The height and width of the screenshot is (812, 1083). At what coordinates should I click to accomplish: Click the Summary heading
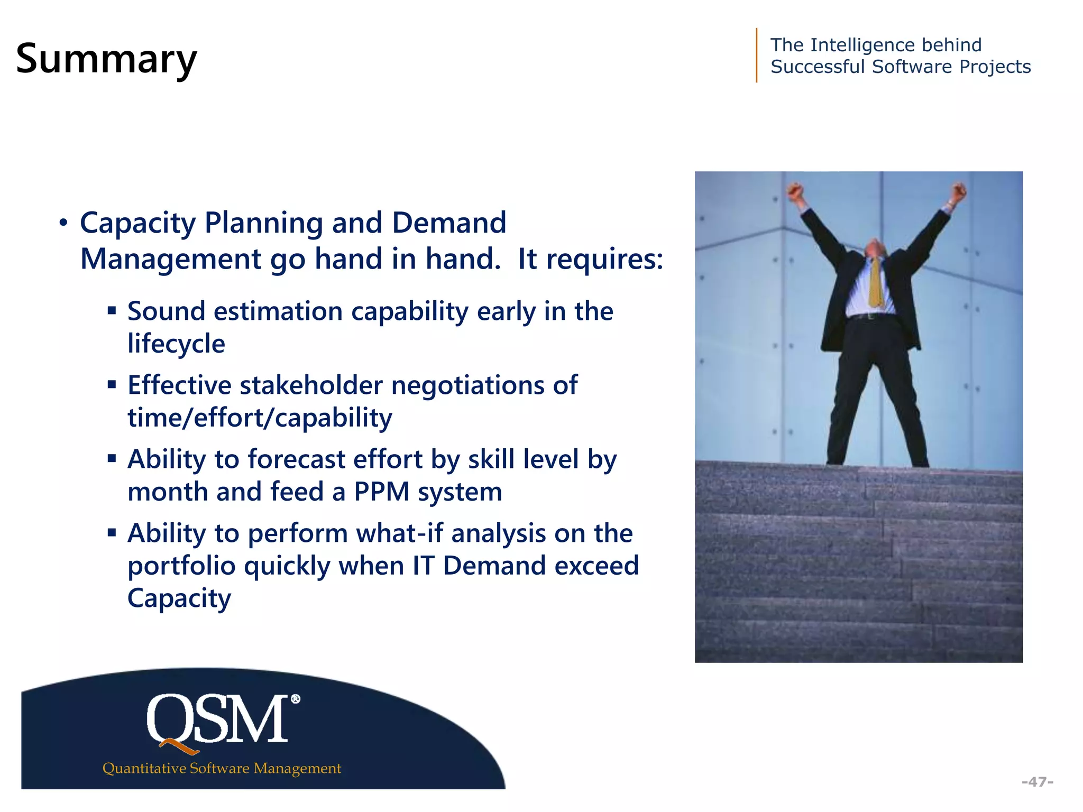(106, 59)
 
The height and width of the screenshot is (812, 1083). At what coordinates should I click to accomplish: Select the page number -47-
(1037, 781)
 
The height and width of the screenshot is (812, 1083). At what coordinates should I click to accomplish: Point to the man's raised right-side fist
(959, 191)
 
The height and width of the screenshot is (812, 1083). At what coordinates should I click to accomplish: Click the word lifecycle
(176, 344)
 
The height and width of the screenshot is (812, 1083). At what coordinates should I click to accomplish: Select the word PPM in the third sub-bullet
(382, 492)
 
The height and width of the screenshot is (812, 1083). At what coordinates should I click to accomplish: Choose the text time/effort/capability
(260, 418)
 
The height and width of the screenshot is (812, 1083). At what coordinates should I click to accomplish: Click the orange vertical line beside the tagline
(757, 55)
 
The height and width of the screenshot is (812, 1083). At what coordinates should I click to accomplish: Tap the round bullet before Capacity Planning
(63, 223)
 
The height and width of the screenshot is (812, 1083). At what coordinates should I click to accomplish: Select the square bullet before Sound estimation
(112, 310)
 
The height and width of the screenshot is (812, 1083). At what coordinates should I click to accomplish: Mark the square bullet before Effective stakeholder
(112, 384)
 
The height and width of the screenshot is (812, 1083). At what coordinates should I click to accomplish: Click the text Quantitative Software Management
(222, 768)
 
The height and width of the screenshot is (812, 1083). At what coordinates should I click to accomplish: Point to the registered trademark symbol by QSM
(296, 699)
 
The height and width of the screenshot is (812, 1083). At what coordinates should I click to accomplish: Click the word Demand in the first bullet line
(449, 223)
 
